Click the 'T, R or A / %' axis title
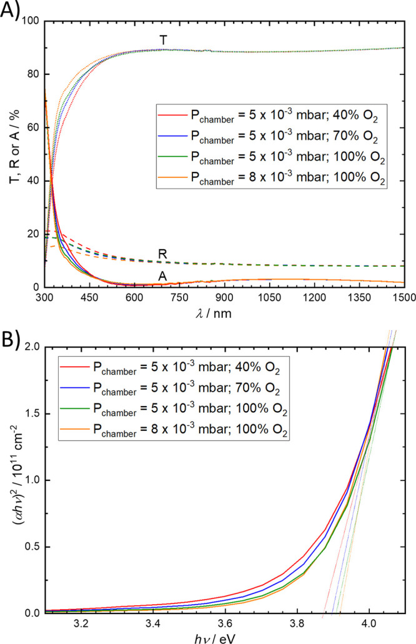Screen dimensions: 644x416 [11, 154]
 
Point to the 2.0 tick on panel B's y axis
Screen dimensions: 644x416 [34, 347]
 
